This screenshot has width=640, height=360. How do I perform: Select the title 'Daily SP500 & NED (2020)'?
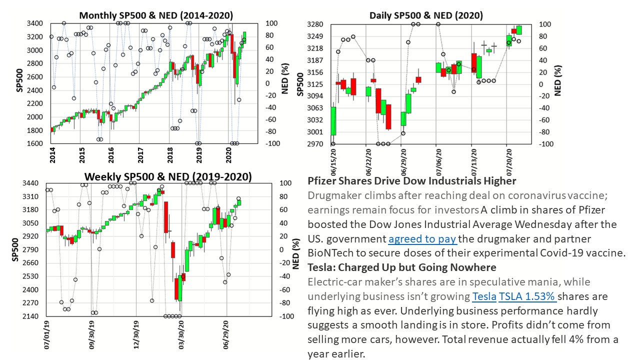(x=426, y=15)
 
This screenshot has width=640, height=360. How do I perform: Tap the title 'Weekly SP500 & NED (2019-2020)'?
(x=168, y=176)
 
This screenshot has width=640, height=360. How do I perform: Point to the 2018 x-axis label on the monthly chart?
(x=170, y=152)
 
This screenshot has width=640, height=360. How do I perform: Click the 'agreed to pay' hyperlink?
(x=422, y=239)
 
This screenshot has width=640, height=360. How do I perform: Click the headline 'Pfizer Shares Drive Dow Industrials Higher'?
(x=412, y=180)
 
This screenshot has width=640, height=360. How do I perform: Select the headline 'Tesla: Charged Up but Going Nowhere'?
(x=401, y=267)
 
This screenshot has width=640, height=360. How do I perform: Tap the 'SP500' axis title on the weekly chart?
(x=14, y=249)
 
